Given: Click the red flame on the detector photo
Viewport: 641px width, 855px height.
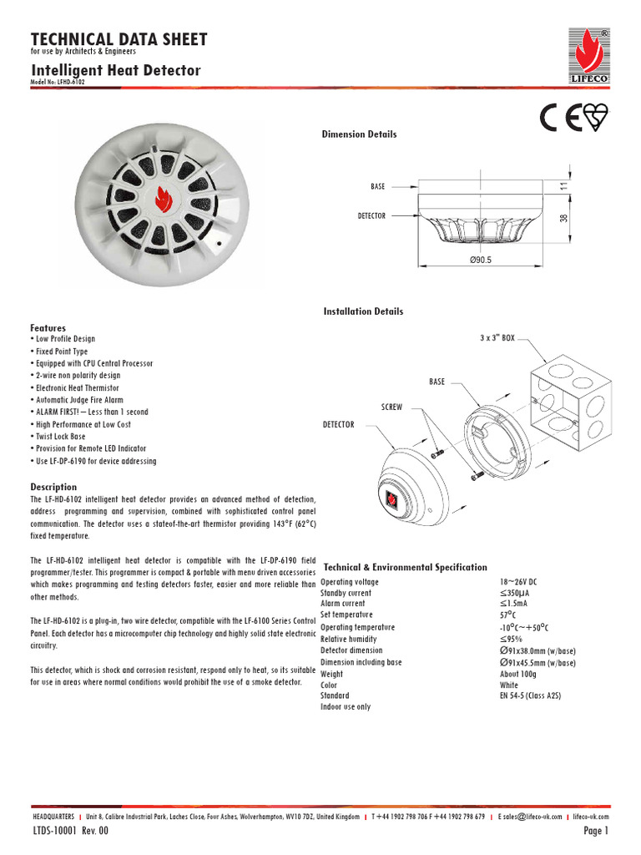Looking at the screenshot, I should pyautogui.click(x=163, y=199).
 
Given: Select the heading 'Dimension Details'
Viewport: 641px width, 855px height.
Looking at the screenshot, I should pyautogui.click(x=360, y=134).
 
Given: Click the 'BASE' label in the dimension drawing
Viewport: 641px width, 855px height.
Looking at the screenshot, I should pyautogui.click(x=378, y=187).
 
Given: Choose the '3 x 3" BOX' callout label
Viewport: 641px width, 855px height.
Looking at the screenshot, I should pyautogui.click(x=497, y=338).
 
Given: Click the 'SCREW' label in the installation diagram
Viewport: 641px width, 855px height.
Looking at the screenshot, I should pyautogui.click(x=391, y=407).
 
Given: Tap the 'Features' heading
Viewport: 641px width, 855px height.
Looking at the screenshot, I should pyautogui.click(x=48, y=328).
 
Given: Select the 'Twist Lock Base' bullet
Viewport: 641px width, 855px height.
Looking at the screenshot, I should pyautogui.click(x=60, y=437).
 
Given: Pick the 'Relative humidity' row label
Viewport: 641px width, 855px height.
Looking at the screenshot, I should pyautogui.click(x=351, y=639).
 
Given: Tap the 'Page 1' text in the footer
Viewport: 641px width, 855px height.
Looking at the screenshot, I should pyautogui.click(x=596, y=832).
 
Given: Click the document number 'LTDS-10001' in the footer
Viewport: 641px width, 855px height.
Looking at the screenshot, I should pyautogui.click(x=55, y=832).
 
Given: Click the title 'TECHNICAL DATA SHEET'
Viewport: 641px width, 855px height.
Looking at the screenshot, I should pyautogui.click(x=119, y=39).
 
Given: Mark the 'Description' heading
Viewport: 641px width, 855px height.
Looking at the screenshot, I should pyautogui.click(x=53, y=487).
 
